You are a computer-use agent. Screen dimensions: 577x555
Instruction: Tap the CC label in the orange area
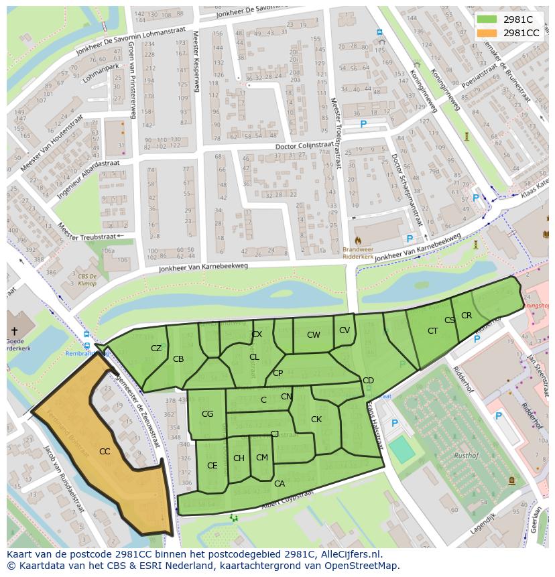105,452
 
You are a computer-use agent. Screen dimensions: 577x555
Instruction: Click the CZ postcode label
156,348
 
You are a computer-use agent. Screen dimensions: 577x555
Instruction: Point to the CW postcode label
313,335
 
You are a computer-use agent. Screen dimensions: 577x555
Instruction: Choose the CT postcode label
432,331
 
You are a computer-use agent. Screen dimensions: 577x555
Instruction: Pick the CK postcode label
316,420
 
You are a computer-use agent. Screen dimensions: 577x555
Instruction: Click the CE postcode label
212,466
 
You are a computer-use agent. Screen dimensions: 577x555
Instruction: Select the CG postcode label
207,414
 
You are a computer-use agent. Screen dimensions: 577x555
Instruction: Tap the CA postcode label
280,483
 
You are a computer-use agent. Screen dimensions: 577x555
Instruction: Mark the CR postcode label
467,316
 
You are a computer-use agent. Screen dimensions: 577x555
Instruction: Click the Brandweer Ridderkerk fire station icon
357,239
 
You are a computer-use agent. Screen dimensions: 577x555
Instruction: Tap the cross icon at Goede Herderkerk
13,331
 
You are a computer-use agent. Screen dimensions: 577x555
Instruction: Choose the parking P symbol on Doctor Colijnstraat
363,124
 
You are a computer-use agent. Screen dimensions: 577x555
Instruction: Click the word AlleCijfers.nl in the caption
349,554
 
